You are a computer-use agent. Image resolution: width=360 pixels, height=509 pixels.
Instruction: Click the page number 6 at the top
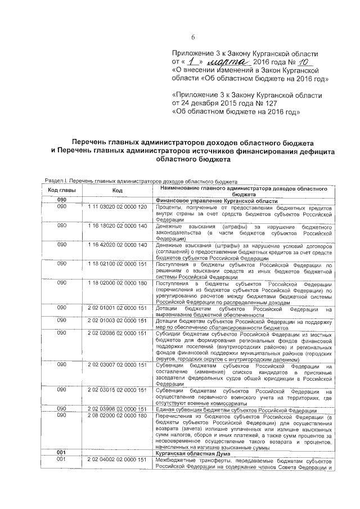coord(192,37)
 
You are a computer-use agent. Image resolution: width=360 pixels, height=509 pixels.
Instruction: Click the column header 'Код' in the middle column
coord(117,191)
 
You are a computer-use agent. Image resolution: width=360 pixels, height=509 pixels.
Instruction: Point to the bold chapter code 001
coord(62,452)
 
